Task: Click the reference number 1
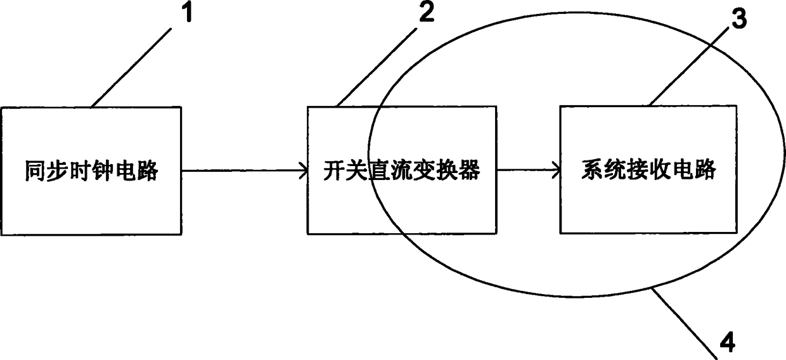188,12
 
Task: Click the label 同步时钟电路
91,171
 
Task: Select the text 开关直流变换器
402,170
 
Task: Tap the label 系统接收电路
648,169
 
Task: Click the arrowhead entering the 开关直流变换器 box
304,171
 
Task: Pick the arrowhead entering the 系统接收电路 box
557,170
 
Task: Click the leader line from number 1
131,67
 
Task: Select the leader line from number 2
377,67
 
